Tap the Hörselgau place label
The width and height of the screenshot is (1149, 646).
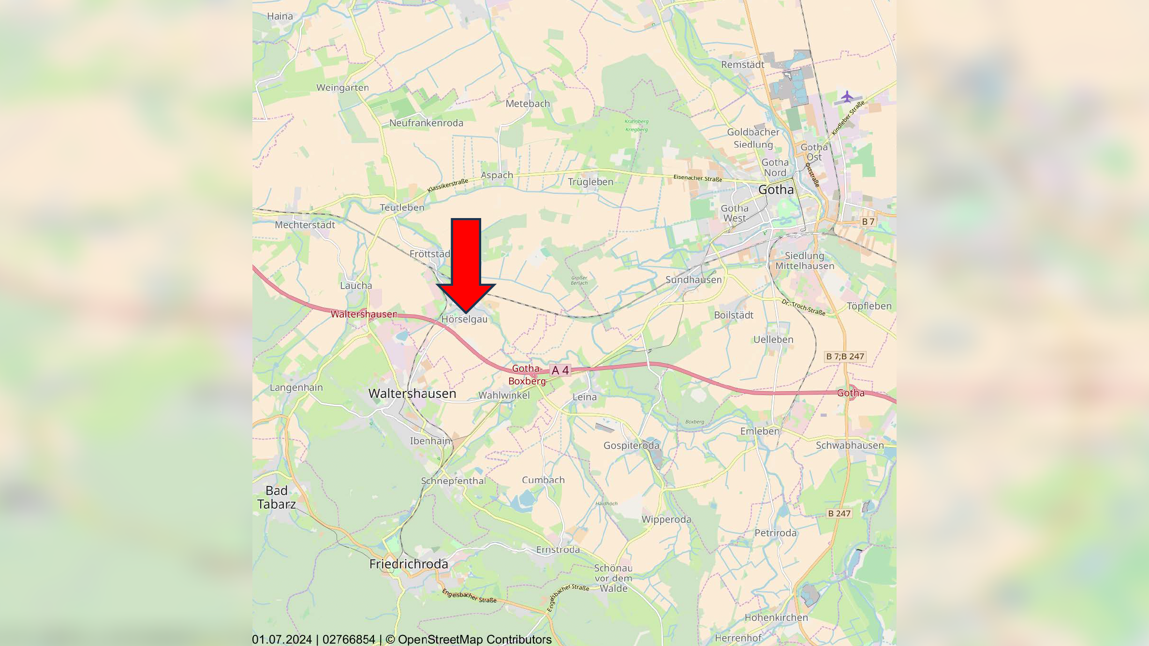tap(464, 319)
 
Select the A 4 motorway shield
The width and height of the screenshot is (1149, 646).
tap(560, 370)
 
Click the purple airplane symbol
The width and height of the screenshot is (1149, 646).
tap(847, 97)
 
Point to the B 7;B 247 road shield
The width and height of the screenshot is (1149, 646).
tap(845, 356)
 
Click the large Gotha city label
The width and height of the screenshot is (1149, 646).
tap(776, 190)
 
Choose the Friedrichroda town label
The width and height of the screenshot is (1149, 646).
tap(409, 564)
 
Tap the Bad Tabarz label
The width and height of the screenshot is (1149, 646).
tap(277, 498)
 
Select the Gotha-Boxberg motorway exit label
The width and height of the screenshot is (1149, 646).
tap(527, 375)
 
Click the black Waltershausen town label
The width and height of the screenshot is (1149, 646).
tap(412, 394)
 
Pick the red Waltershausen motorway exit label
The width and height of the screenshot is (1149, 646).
tap(364, 314)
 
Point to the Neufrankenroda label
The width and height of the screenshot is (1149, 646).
tap(426, 123)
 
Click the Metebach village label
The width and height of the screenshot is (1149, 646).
tap(528, 103)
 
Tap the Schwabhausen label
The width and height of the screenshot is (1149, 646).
tap(850, 445)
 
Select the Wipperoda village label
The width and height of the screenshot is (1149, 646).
tap(666, 519)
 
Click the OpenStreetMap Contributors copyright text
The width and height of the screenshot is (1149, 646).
tap(474, 639)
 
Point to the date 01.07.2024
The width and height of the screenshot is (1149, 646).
tap(282, 639)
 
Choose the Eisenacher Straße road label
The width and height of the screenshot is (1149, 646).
tap(697, 178)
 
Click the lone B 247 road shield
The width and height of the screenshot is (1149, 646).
tap(839, 514)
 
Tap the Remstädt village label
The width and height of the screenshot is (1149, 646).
tap(742, 65)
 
